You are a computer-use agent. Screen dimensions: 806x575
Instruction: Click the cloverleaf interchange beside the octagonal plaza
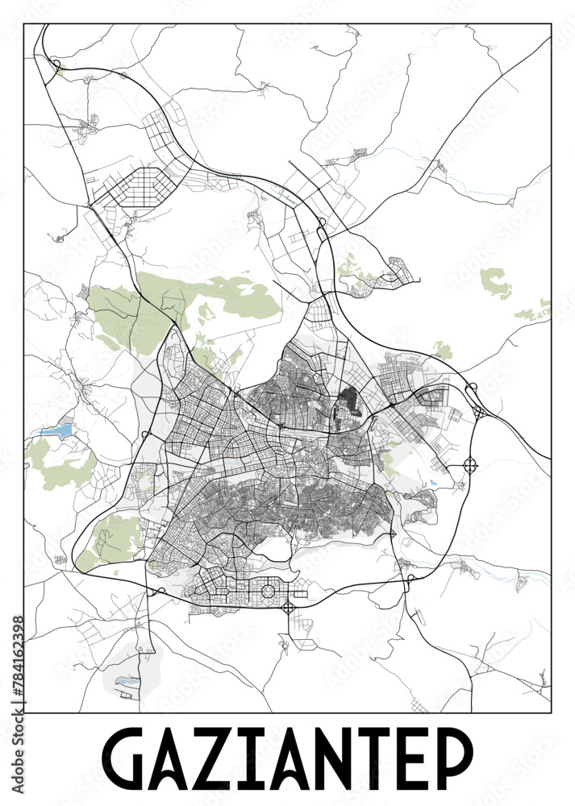pyautogui.click(x=289, y=607)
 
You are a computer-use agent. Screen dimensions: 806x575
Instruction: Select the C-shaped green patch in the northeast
pyautogui.click(x=494, y=283)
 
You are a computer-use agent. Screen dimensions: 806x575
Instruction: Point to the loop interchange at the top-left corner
pyautogui.click(x=56, y=64)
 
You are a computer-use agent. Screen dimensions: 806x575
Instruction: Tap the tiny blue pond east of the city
pyautogui.click(x=434, y=483)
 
